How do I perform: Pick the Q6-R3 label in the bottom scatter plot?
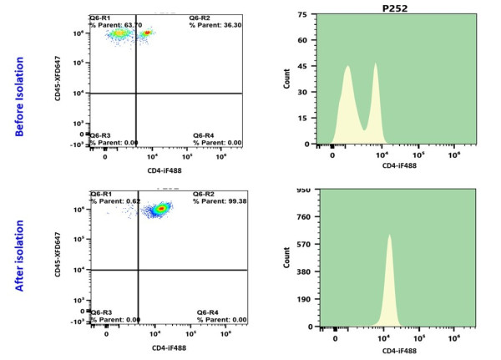(100, 312)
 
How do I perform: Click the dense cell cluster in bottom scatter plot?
(157, 209)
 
